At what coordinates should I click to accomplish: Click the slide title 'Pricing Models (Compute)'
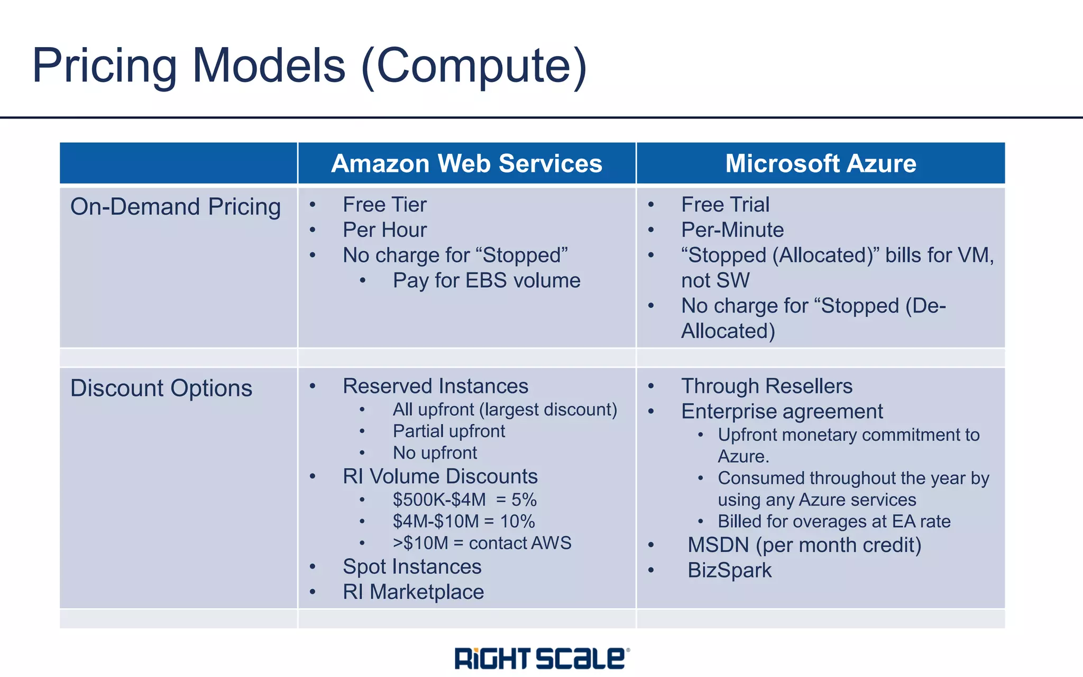(309, 66)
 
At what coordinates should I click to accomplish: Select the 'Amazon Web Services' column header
(466, 163)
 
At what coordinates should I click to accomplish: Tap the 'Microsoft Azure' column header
(820, 163)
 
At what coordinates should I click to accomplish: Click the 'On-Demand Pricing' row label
(175, 207)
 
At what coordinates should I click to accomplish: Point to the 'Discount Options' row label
(161, 388)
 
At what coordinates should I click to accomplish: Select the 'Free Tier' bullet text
(384, 205)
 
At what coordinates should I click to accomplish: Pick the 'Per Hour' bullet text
(384, 230)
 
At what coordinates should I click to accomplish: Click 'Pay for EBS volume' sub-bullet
(486, 280)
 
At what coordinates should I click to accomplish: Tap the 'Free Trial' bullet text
(725, 205)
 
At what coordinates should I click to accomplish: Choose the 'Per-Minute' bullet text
(732, 230)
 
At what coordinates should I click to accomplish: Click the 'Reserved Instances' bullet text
(435, 386)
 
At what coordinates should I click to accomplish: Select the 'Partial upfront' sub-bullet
(448, 431)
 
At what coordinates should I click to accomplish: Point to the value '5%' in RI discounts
(524, 500)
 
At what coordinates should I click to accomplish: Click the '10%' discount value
(517, 522)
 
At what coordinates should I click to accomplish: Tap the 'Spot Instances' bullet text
(412, 567)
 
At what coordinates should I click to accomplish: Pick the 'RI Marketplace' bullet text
(413, 592)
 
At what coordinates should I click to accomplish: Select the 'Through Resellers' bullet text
(766, 386)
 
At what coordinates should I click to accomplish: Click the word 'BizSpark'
(729, 571)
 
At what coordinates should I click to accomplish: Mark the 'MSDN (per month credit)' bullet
(804, 545)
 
